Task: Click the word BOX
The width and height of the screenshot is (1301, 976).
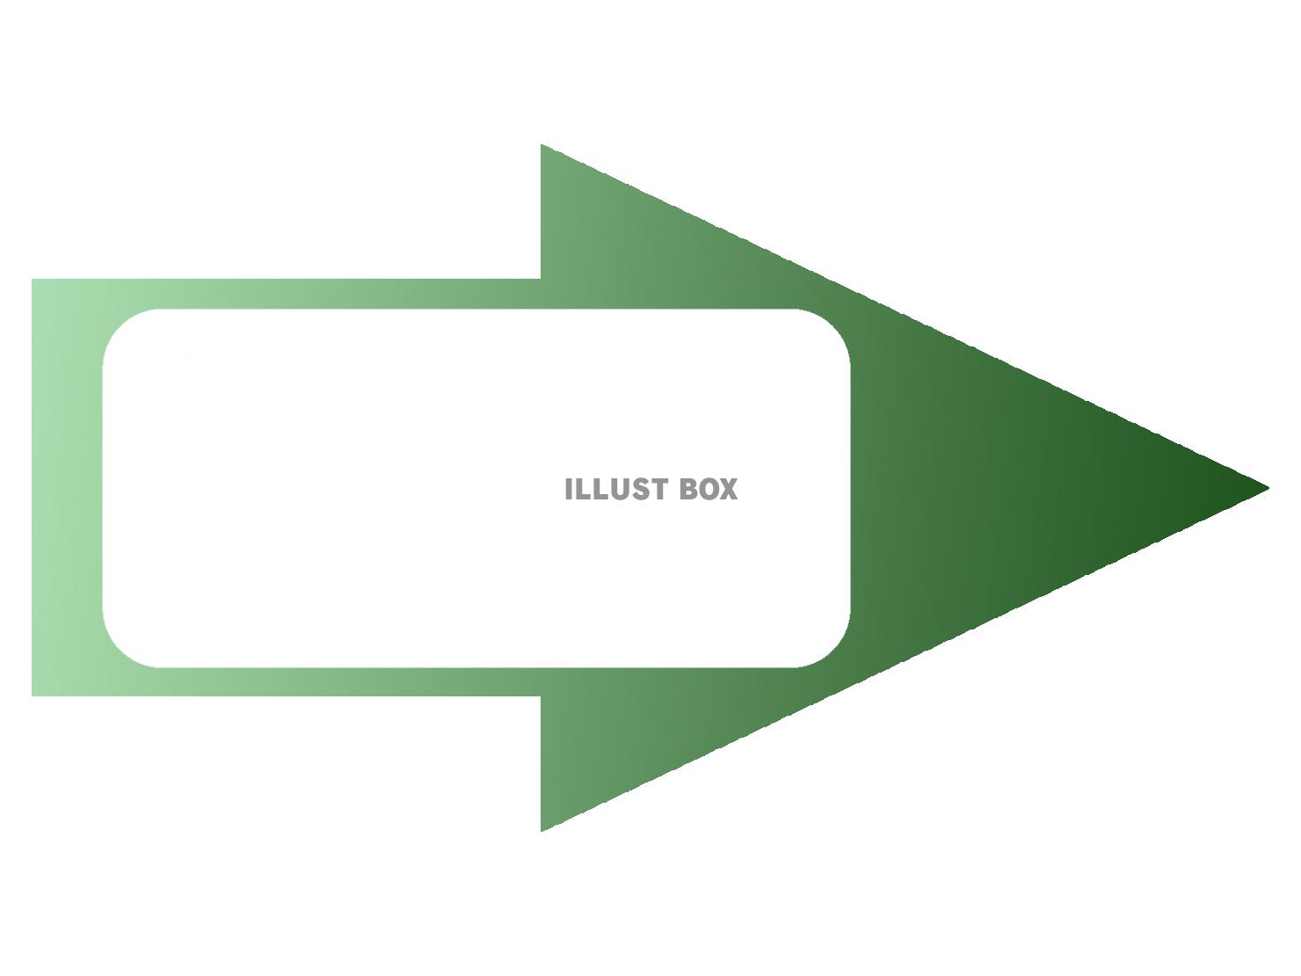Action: tap(709, 490)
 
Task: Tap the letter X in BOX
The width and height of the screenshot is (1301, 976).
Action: tap(729, 490)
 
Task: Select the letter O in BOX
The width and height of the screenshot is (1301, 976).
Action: tap(708, 490)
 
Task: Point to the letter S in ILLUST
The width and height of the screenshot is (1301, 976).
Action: tap(639, 490)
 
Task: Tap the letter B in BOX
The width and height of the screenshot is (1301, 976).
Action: tap(688, 490)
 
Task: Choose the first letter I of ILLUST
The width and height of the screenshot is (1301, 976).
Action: tap(569, 490)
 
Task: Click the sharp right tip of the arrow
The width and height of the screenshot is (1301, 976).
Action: tap(1268, 488)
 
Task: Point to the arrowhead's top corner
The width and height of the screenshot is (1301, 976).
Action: tap(541, 144)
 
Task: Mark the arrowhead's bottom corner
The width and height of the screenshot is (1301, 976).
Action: tap(541, 831)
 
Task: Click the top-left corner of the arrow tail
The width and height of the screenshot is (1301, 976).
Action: tap(32, 279)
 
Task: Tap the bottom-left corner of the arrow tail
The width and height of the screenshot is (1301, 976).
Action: tap(32, 696)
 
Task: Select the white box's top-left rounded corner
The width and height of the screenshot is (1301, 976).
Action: tap(120, 325)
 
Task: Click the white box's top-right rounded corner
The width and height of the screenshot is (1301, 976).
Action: tap(834, 325)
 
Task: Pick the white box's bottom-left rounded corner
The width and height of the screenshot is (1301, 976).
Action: tap(120, 651)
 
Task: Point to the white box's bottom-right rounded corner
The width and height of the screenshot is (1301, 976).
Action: tap(834, 651)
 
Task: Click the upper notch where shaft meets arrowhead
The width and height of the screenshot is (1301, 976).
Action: tap(541, 279)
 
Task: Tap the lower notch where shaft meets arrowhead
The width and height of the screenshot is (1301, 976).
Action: tap(541, 696)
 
